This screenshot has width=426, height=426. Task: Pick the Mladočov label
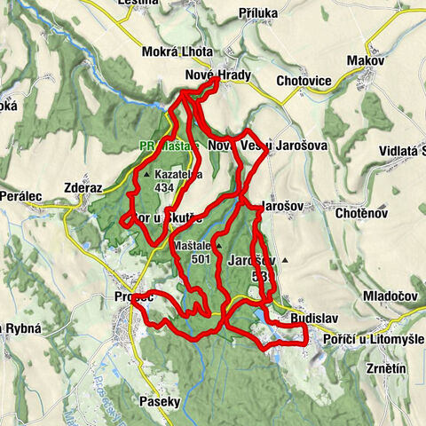[388, 295]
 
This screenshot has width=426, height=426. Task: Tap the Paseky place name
[160, 401]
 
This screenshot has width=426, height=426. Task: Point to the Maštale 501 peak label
[194, 251]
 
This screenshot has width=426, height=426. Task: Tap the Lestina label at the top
[144, 4]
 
